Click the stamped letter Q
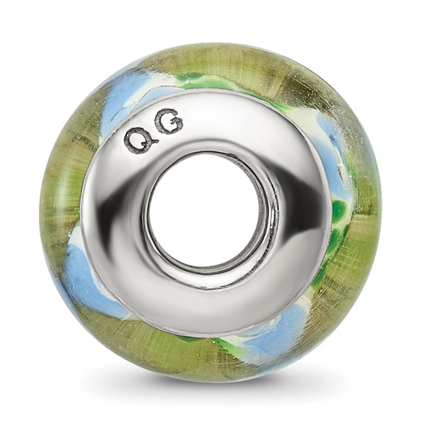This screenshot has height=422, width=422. pos(137,139)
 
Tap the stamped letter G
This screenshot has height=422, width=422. pos(169,122)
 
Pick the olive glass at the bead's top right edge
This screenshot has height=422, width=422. pos(328,89)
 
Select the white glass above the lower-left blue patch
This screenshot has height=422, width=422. pos(78,239)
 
